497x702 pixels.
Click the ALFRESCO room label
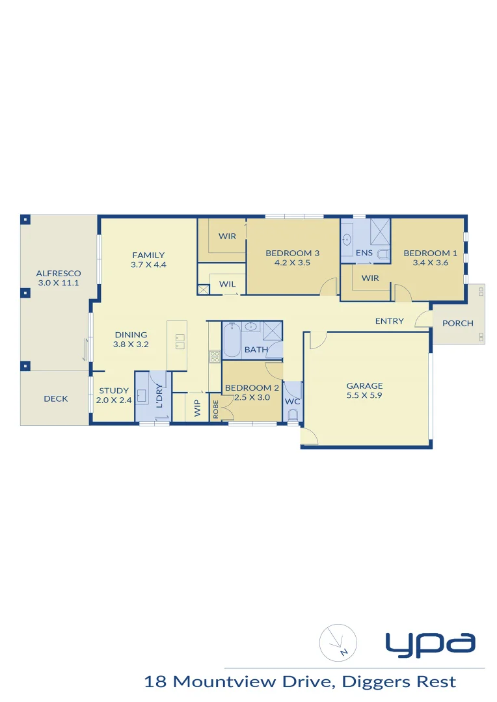pyautogui.click(x=59, y=274)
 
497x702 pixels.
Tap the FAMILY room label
pyautogui.click(x=148, y=255)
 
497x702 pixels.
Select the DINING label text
pyautogui.click(x=131, y=335)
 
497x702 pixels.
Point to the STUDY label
pyautogui.click(x=114, y=391)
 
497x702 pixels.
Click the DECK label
pyautogui.click(x=56, y=398)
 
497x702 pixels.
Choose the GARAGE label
pyautogui.click(x=364, y=385)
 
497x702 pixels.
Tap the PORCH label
pyautogui.click(x=458, y=323)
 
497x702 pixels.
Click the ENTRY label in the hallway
pyautogui.click(x=390, y=321)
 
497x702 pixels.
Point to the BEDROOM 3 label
pyautogui.click(x=292, y=253)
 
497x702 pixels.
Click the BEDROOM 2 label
pyautogui.click(x=252, y=388)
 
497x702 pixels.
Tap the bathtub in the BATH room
pyautogui.click(x=232, y=340)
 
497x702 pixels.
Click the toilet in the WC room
pyautogui.click(x=293, y=414)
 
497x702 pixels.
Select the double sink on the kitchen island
pyautogui.click(x=178, y=338)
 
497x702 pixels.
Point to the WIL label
pyautogui.click(x=227, y=284)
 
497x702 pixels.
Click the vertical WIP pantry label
pyautogui.click(x=197, y=408)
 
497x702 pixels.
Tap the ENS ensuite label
pyautogui.click(x=364, y=253)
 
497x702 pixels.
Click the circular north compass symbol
pyautogui.click(x=338, y=642)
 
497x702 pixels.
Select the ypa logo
pyautogui.click(x=430, y=643)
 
